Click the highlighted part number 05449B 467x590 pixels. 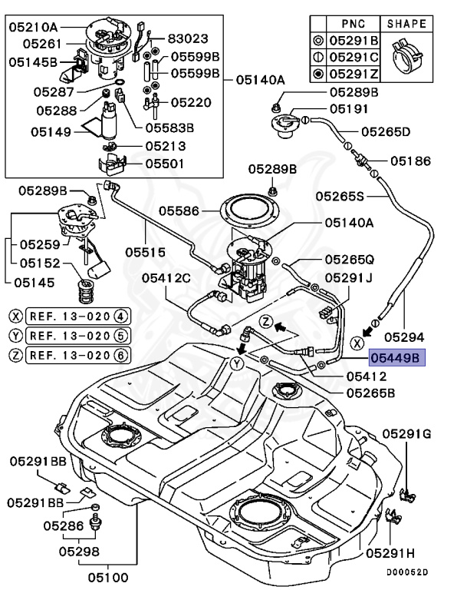pos(395,358)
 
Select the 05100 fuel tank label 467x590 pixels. pos(107,577)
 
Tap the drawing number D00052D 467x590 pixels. pos(406,572)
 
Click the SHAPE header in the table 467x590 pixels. pos(406,24)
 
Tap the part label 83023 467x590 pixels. pos(188,36)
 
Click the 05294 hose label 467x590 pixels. pos(404,336)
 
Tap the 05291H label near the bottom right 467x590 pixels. pos(390,552)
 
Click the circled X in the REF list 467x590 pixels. pos(15,315)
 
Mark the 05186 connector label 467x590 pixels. pos(410,161)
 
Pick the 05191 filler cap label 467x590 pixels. pos(350,110)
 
